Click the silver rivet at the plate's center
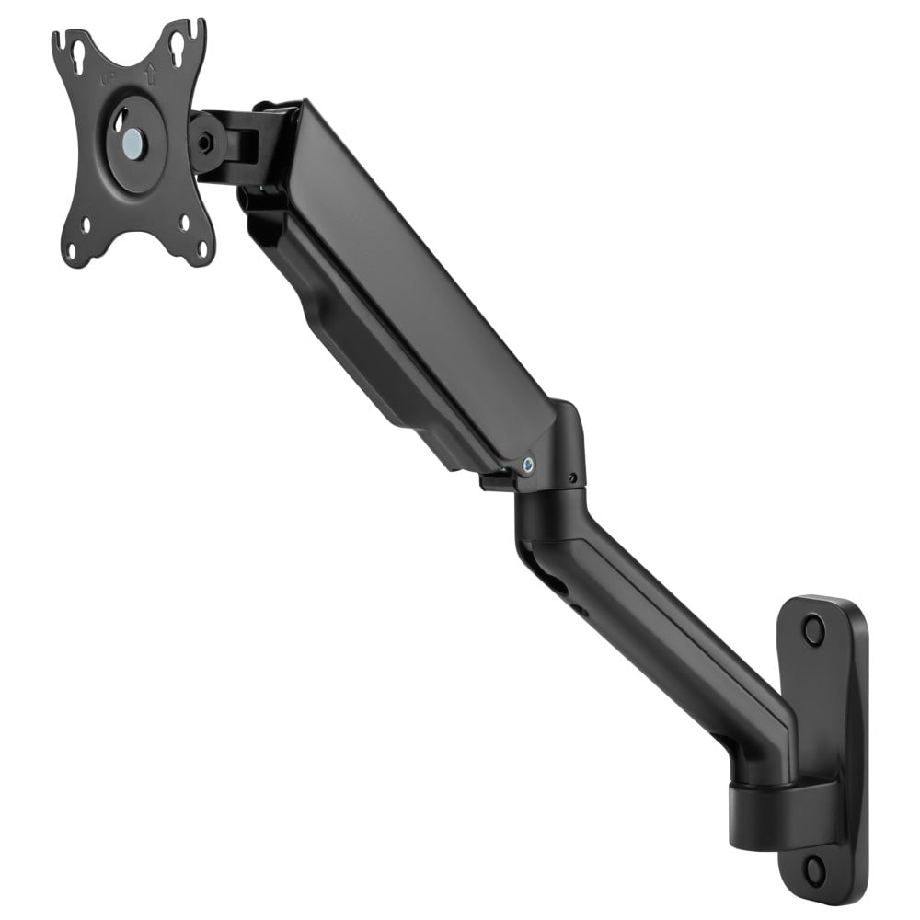(x=133, y=141)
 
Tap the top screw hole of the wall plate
(x=812, y=630)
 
